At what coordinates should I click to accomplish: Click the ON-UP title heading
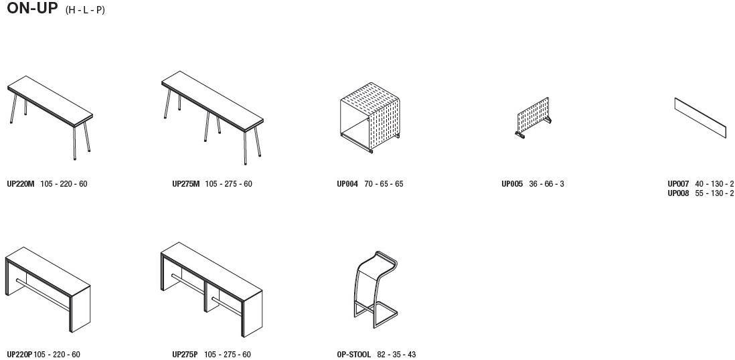click(32, 8)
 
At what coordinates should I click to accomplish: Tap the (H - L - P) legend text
click(85, 10)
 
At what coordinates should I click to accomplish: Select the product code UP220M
click(21, 184)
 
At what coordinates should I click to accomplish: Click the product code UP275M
click(186, 184)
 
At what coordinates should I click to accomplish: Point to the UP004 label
click(347, 184)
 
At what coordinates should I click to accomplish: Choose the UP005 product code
click(512, 184)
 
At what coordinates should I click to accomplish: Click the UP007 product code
click(678, 184)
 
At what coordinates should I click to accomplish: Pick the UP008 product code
click(678, 193)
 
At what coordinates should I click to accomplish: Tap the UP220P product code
click(19, 355)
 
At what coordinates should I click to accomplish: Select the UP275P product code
click(185, 355)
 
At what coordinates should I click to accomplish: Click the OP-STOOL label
click(354, 355)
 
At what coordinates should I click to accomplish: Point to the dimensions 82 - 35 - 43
click(396, 355)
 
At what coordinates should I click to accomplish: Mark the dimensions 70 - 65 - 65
click(384, 184)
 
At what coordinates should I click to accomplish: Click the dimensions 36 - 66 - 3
click(546, 184)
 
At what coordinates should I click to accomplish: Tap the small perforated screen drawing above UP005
click(533, 118)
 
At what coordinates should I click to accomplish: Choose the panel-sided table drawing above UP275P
click(212, 289)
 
